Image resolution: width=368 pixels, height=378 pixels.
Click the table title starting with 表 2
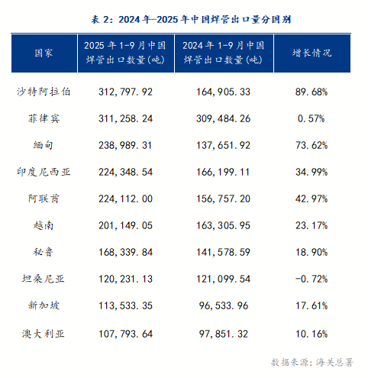(x=184, y=20)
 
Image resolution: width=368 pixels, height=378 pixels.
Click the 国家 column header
(x=44, y=53)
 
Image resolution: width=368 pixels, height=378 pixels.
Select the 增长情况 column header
(x=312, y=53)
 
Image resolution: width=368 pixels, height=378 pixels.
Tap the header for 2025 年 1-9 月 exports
(x=127, y=53)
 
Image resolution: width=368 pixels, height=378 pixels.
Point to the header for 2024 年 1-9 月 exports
(x=223, y=53)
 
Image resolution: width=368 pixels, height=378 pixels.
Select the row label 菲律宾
(x=44, y=118)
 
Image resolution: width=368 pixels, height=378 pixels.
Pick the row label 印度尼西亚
(x=44, y=172)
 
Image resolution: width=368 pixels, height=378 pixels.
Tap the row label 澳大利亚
(x=44, y=333)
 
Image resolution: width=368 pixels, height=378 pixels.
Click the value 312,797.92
(x=127, y=92)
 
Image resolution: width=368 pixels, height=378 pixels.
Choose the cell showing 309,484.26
(x=223, y=118)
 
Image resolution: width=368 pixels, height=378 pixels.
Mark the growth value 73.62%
(x=312, y=145)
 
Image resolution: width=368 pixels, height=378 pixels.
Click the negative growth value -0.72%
(x=312, y=279)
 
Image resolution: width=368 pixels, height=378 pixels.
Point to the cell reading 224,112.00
(x=127, y=199)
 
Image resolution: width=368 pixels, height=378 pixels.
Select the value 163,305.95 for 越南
(x=223, y=226)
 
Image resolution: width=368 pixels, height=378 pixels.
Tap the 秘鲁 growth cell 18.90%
(x=312, y=253)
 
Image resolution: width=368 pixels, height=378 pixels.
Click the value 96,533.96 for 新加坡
(x=223, y=306)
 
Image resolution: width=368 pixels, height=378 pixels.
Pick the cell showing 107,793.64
(x=127, y=333)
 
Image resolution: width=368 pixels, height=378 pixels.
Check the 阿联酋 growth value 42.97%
(x=312, y=199)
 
